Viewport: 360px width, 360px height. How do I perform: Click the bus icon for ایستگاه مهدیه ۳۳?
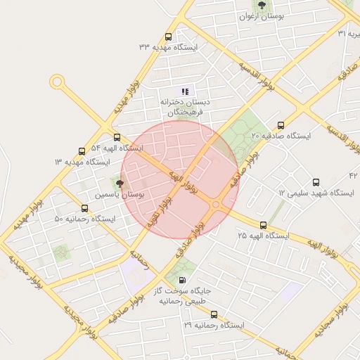168,37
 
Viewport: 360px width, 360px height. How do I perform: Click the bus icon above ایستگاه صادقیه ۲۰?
281,124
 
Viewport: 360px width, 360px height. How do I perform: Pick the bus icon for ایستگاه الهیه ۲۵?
263,226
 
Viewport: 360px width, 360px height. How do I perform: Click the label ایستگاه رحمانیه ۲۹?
213,326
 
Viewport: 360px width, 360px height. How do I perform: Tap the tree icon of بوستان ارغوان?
262,6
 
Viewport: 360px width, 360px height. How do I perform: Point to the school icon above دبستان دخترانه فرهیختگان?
185,91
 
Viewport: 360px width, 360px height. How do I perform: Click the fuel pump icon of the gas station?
183,279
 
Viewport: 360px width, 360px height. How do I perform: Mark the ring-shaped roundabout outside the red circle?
57,82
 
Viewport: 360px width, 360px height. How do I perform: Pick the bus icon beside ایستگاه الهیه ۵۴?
117,138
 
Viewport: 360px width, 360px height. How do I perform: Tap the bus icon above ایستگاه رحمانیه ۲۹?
214,315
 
